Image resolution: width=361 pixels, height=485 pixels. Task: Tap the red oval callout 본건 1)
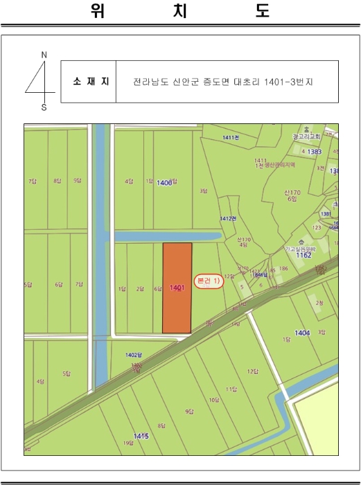click(x=209, y=281)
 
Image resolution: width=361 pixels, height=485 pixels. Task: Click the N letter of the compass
click(x=44, y=54)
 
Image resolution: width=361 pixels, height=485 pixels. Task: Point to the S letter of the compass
click(x=44, y=107)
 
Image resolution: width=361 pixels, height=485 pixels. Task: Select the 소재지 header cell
click(x=88, y=82)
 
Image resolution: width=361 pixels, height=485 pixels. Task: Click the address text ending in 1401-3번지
click(x=223, y=82)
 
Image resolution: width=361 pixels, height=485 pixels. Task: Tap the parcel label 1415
click(x=141, y=436)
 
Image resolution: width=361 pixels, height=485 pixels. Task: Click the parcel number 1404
click(x=302, y=333)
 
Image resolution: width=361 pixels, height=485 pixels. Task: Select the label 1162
click(x=303, y=255)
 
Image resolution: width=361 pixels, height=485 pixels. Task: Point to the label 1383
click(x=315, y=151)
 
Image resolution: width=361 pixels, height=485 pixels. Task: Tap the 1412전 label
click(x=228, y=218)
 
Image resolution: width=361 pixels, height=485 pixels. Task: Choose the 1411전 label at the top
click(x=231, y=138)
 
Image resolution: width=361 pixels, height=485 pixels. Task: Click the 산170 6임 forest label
click(x=292, y=195)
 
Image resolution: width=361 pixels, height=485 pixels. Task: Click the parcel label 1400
click(x=164, y=182)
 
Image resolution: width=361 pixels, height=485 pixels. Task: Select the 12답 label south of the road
click(x=252, y=371)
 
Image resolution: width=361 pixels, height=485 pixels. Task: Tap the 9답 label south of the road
click(x=188, y=412)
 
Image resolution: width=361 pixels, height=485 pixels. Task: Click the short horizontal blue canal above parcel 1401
click(x=166, y=236)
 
